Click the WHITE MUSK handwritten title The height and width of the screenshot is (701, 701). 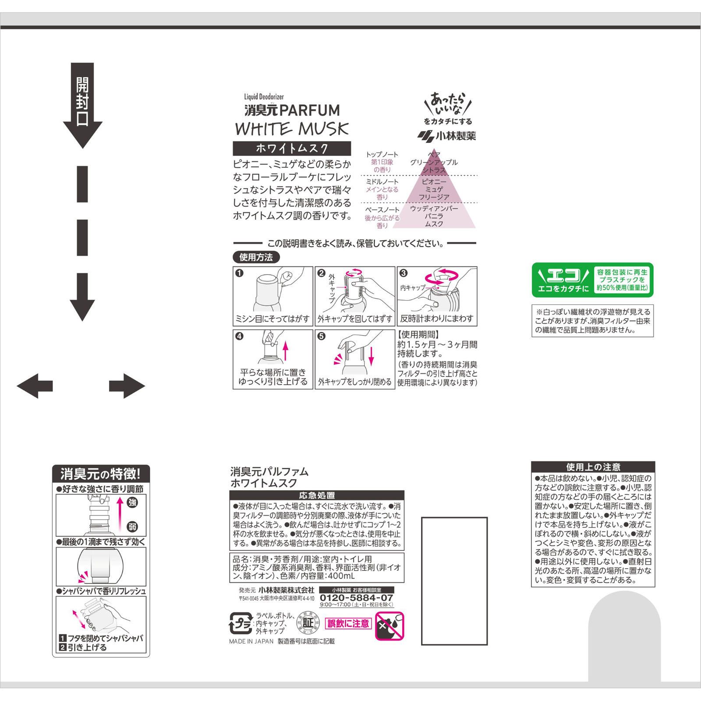tap(292, 129)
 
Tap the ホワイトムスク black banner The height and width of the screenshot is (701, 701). tap(292, 149)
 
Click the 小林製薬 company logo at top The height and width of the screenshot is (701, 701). tap(447, 136)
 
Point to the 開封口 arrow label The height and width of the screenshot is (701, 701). tap(82, 102)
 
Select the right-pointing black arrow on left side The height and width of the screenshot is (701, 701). tap(127, 386)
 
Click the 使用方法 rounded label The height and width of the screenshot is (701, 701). tap(256, 257)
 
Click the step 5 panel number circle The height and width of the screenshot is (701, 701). tap(321, 336)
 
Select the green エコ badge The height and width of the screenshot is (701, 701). tap(592, 280)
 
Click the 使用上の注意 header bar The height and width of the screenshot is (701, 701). tap(593, 467)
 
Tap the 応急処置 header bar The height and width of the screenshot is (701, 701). tap(317, 495)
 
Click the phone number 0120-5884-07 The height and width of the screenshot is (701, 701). tap(356, 598)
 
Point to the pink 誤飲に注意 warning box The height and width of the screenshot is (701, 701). tap(348, 623)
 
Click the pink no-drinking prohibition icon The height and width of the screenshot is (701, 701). tap(389, 626)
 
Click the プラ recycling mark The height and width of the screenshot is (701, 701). tap(240, 623)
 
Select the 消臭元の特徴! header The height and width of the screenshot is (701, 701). tap(101, 474)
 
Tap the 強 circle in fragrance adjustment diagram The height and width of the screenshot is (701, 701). tap(132, 503)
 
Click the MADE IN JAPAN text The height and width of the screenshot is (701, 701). tap(251, 641)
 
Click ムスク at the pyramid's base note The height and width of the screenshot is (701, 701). tap(434, 224)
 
